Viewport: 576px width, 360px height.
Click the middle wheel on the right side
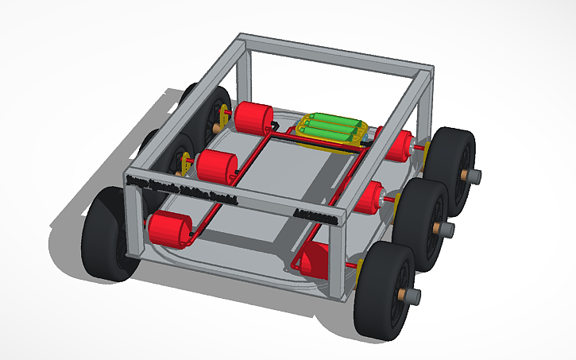(x=418, y=226)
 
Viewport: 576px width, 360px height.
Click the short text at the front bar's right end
(x=315, y=213)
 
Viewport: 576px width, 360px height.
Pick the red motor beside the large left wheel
(x=169, y=230)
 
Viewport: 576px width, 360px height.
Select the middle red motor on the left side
(x=217, y=167)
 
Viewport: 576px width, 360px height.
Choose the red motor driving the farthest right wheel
(x=395, y=145)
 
